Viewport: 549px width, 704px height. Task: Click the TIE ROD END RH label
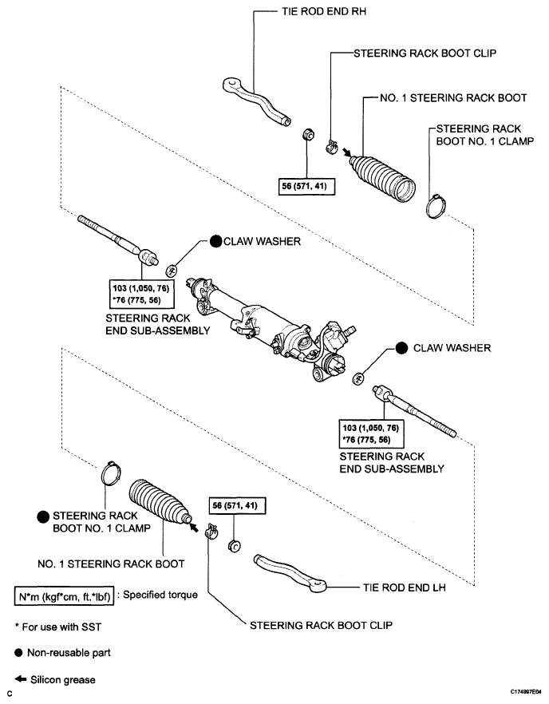point(324,11)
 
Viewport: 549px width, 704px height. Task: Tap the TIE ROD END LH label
point(405,587)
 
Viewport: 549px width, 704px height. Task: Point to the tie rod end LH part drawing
point(291,572)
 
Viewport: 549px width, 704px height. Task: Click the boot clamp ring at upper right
point(436,205)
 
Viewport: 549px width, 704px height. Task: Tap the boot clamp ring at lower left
point(110,473)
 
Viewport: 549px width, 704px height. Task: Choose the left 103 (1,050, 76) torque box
point(142,294)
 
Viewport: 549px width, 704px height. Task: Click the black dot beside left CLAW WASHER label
point(216,242)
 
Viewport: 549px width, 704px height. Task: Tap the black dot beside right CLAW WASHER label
point(401,348)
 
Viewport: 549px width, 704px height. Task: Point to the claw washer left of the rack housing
point(172,270)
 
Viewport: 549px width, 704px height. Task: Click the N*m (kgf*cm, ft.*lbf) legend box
point(64,596)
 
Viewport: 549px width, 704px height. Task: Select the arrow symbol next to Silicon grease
point(20,678)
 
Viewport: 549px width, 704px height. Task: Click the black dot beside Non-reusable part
point(18,653)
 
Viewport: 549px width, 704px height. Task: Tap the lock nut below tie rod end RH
point(307,134)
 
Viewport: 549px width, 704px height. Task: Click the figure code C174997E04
point(526,692)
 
